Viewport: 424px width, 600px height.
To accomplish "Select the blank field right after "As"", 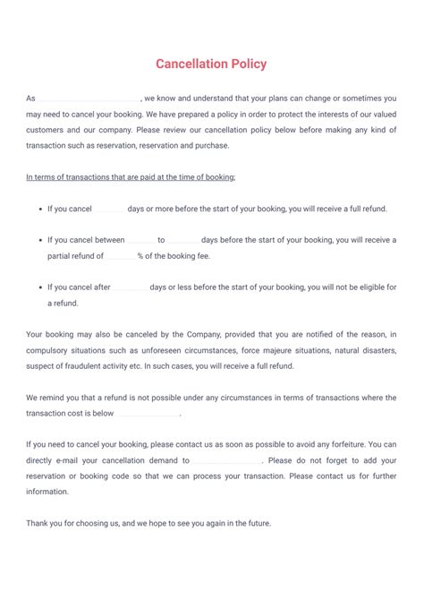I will (x=88, y=98).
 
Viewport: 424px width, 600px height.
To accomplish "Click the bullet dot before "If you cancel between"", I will (x=42, y=240).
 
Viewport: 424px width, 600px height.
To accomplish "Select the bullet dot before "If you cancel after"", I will (x=42, y=287).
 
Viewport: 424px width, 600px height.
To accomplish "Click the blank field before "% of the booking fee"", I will (x=120, y=256).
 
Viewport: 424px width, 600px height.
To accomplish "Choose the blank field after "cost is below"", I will (x=148, y=414).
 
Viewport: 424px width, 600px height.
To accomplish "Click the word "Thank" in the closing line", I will (x=38, y=523).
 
